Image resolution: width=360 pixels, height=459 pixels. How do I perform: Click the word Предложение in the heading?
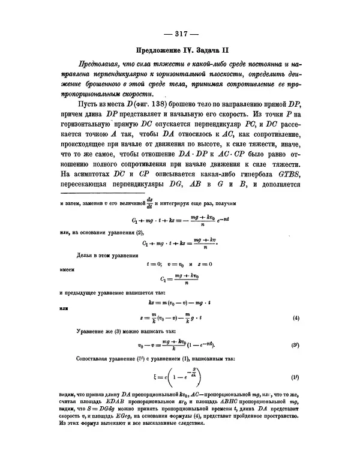pos(160,51)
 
